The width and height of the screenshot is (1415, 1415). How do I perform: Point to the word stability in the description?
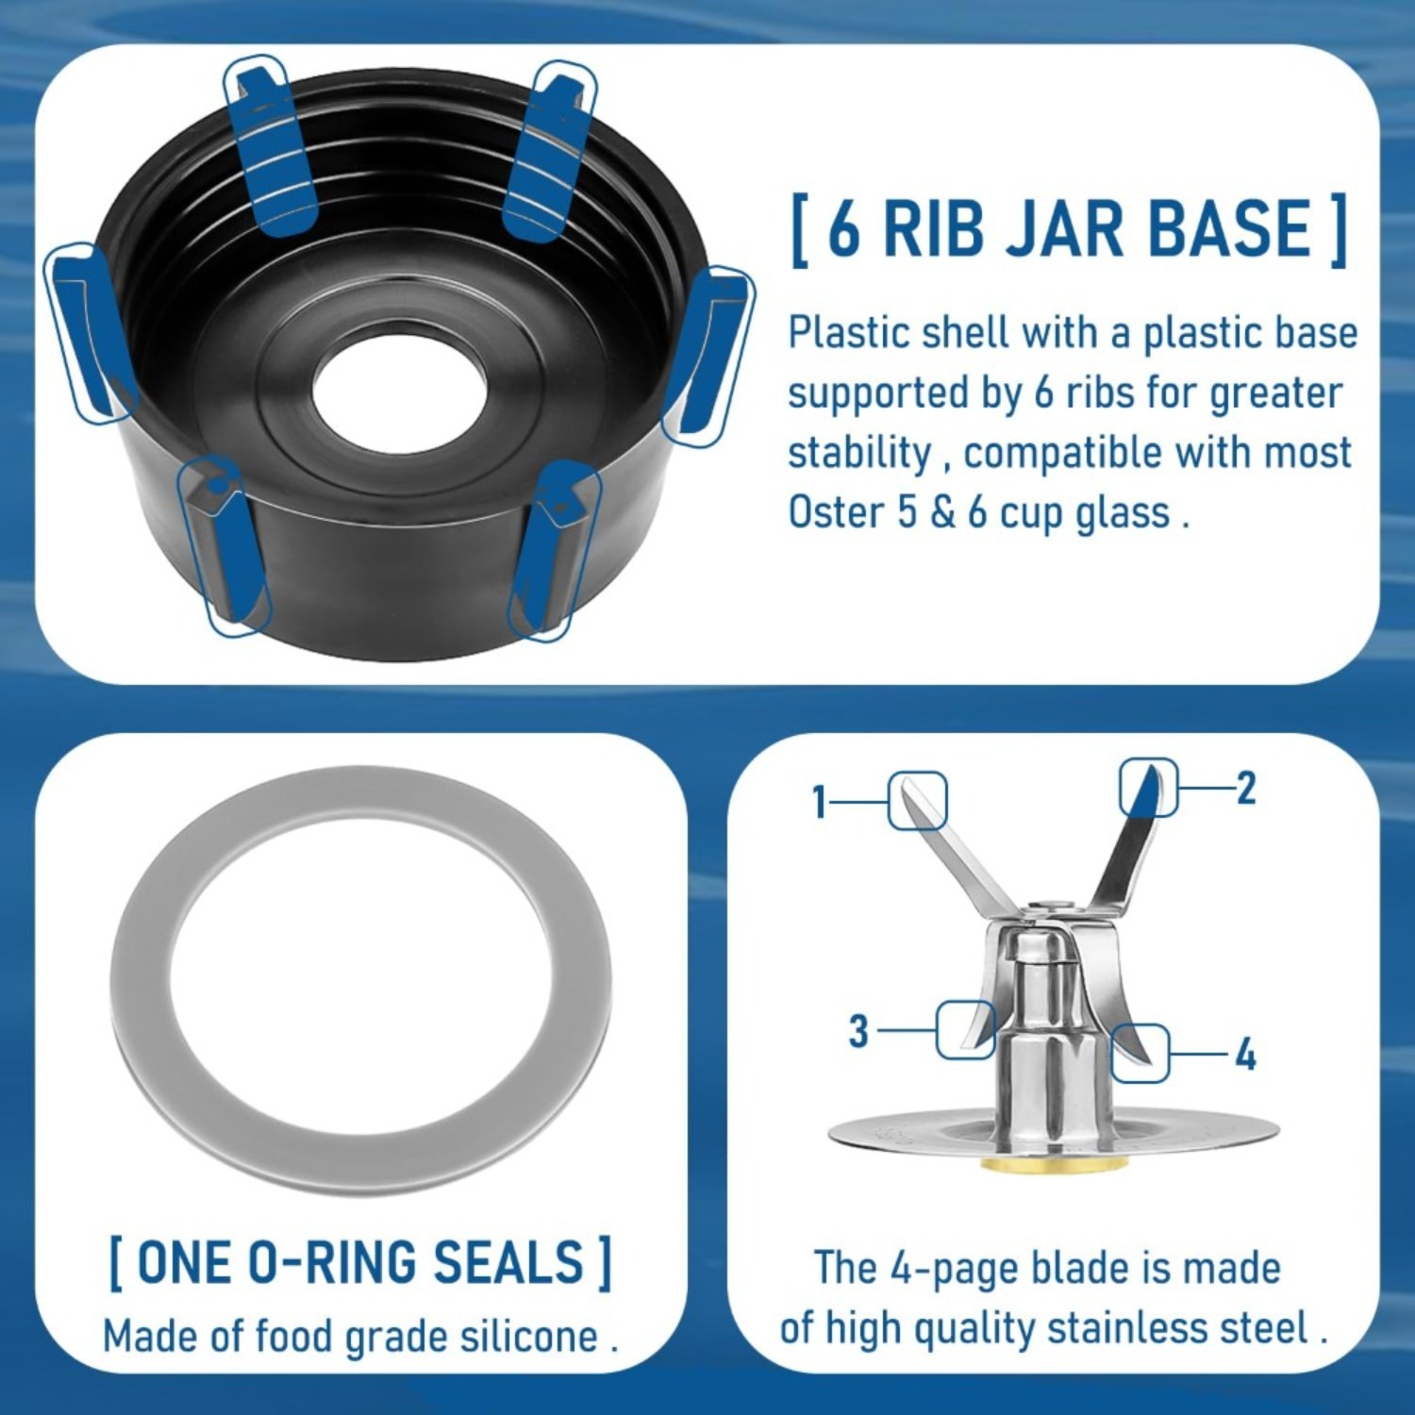tap(858, 454)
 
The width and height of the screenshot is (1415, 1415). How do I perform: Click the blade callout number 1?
tap(819, 803)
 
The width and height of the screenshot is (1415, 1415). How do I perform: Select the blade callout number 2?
tap(1246, 788)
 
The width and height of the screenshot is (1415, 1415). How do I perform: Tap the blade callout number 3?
tap(858, 1030)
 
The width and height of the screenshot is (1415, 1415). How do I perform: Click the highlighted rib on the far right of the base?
tap(708, 357)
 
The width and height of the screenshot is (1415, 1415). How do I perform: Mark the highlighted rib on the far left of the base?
tap(92, 333)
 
